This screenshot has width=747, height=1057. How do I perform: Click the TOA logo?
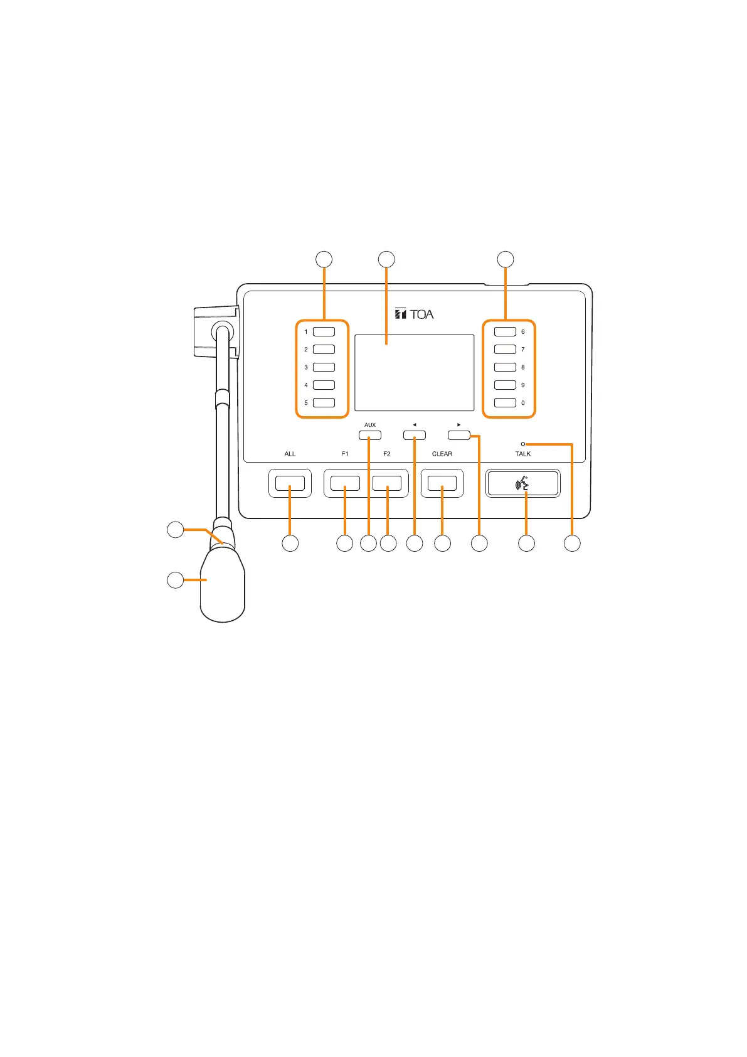coord(415,314)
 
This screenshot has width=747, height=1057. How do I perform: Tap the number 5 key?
coord(324,403)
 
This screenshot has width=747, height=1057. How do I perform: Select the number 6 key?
coord(505,331)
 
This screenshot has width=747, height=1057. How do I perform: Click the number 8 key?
coord(505,367)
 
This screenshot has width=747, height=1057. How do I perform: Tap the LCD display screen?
coord(414,373)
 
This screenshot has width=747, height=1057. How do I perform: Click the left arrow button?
coord(414,435)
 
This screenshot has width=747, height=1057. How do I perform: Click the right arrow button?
coord(459,435)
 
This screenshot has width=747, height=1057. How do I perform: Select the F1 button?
coord(345,483)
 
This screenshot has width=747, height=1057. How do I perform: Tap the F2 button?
coord(387,483)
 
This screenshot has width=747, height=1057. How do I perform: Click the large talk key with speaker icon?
coord(523,483)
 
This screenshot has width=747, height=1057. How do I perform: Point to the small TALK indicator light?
coord(523,444)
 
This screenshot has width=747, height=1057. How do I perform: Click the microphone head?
coord(223,584)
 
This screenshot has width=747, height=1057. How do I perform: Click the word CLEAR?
coord(442,454)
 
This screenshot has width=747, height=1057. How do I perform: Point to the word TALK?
coord(523,454)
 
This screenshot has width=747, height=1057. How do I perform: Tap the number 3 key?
coord(324,367)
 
